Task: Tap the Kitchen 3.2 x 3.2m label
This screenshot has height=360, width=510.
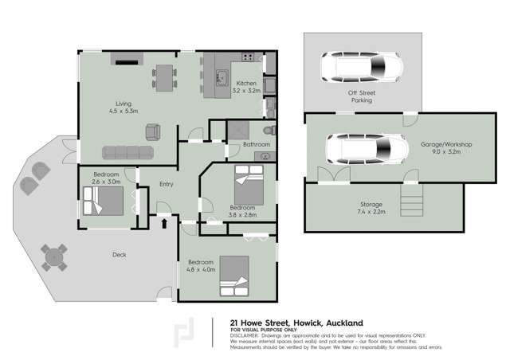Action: pos(245,87)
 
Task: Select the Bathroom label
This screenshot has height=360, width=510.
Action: pos(257,144)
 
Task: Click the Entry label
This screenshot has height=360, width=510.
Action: pos(167,184)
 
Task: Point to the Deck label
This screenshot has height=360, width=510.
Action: pos(119,255)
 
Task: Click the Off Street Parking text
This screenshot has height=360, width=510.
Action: pos(362,97)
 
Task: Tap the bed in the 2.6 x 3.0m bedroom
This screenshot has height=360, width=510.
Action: pos(101,201)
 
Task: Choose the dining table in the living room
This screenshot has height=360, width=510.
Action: pos(167,77)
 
